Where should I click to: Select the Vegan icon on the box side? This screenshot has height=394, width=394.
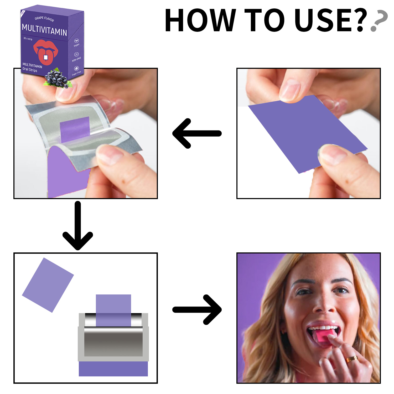(x=76, y=41)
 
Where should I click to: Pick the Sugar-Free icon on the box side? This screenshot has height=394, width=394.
(x=76, y=69)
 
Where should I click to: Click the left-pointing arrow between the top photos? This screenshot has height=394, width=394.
(x=196, y=133)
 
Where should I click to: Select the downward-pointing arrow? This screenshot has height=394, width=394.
(x=78, y=226)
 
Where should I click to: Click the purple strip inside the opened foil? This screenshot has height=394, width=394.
(x=75, y=129)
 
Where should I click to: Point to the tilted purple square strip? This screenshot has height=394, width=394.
(x=48, y=285)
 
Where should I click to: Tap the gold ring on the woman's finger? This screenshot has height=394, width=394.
(x=351, y=359)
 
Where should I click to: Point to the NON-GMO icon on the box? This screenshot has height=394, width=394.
(x=76, y=54)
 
